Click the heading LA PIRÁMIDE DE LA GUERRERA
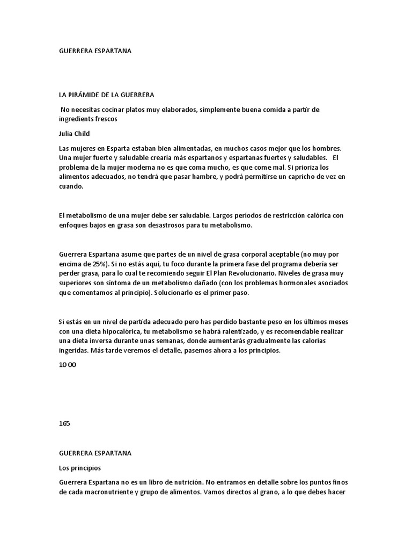point(106,95)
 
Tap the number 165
point(64,423)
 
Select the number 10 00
point(68,365)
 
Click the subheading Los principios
point(80,468)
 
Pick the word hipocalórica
point(128,331)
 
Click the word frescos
point(105,119)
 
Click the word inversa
point(97,341)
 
